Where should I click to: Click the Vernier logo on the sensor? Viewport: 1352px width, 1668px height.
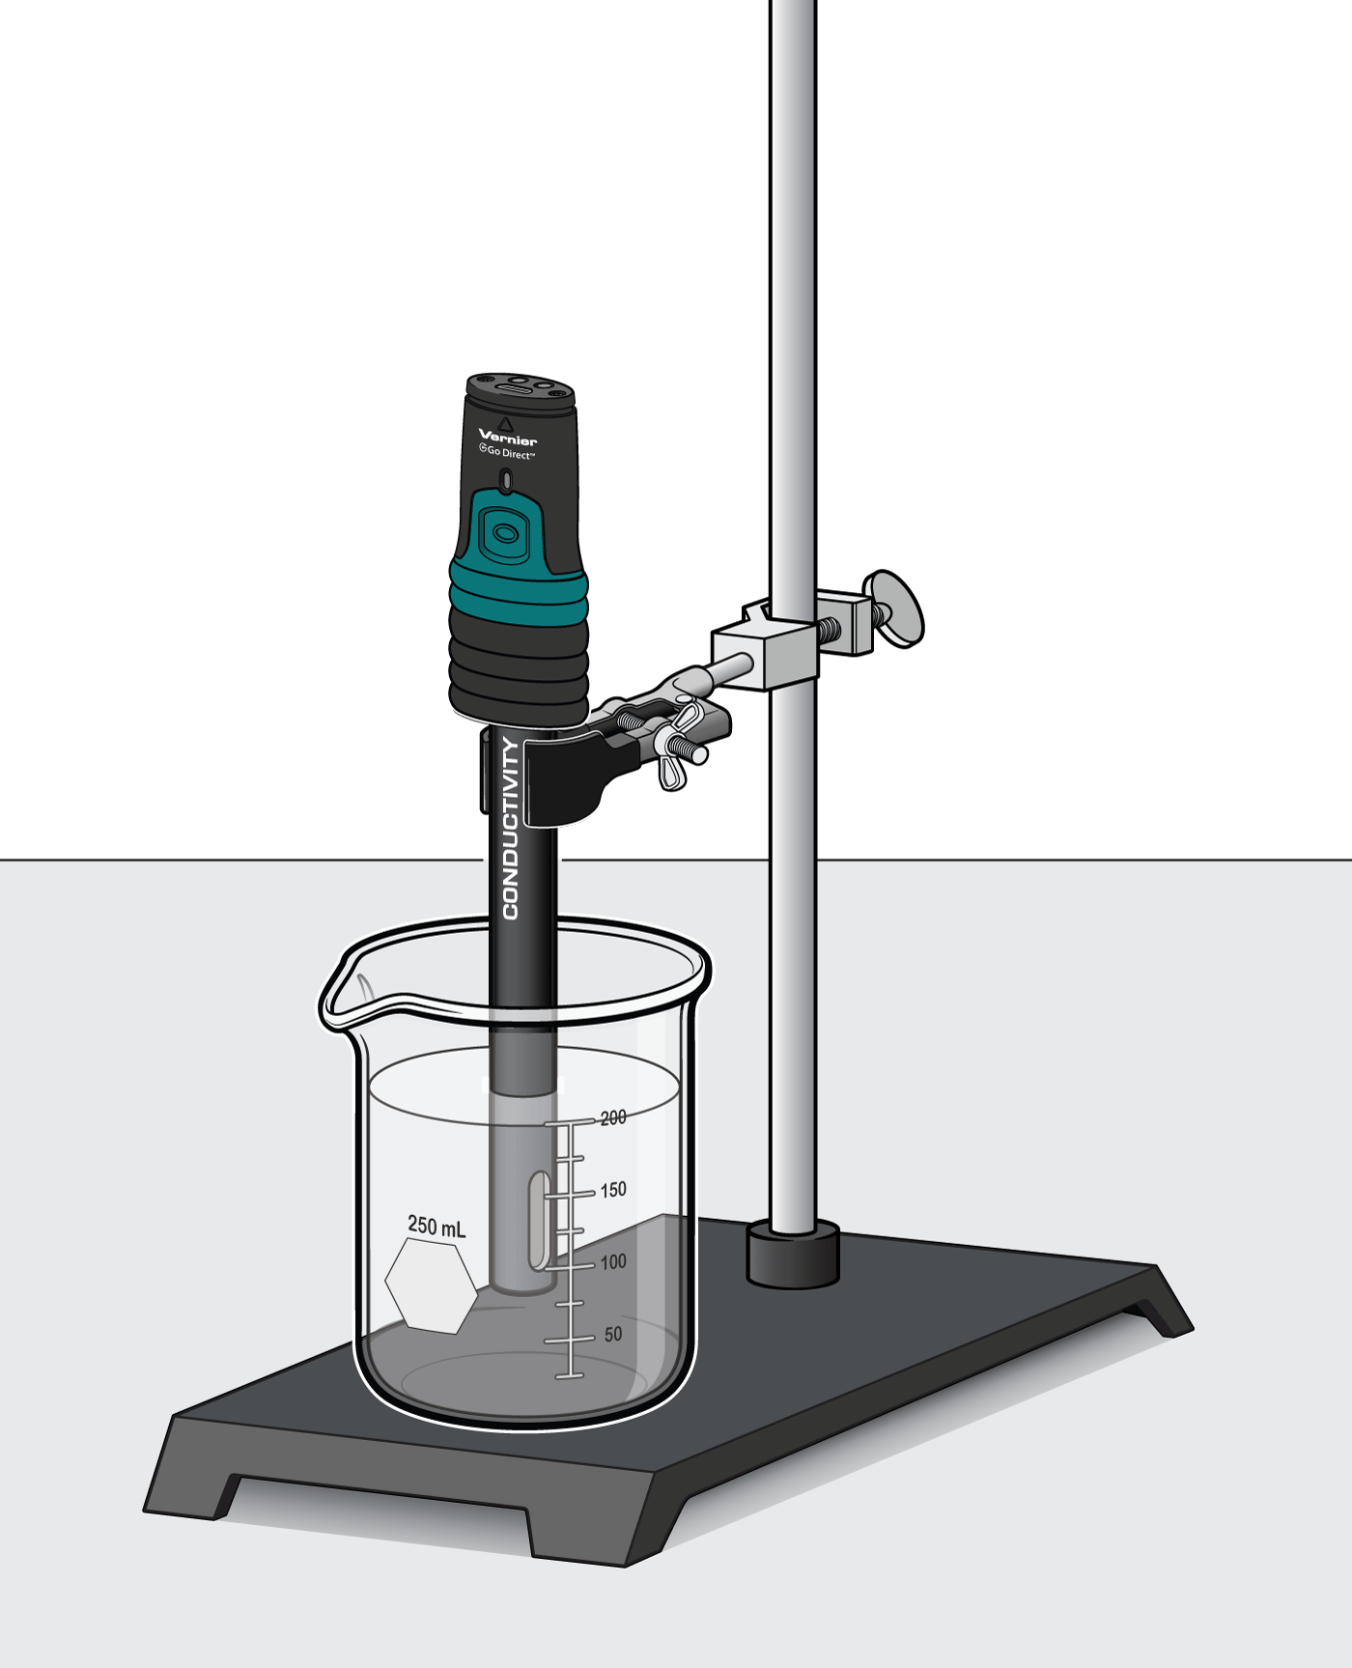click(508, 438)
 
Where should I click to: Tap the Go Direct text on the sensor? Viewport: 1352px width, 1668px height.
click(508, 452)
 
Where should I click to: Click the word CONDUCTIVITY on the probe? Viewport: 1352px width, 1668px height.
click(511, 829)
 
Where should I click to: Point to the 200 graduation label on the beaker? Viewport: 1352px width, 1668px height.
click(613, 1117)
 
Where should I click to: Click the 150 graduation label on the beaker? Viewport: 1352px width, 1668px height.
click(613, 1190)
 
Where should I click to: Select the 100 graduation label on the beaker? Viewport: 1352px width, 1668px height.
click(613, 1261)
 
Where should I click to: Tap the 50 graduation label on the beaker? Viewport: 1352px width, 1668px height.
click(613, 1334)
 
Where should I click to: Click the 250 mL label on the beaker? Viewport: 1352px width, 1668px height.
click(437, 1226)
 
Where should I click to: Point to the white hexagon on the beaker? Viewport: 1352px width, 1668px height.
click(431, 1286)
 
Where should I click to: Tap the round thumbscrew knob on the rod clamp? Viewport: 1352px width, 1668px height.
click(895, 608)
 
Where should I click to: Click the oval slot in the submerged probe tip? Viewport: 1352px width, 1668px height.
click(539, 1220)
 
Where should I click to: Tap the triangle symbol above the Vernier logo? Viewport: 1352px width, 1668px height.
click(506, 423)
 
